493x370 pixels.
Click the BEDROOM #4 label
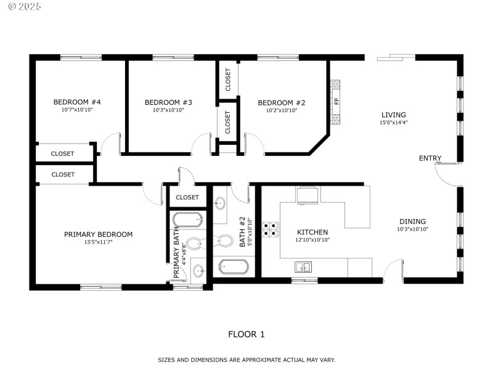click(x=77, y=102)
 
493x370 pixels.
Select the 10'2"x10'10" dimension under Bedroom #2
click(x=281, y=110)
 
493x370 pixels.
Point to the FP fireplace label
click(x=336, y=101)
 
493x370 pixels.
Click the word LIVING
click(x=393, y=115)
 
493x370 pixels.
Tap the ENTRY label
click(x=430, y=158)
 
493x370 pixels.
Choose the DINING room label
click(x=412, y=221)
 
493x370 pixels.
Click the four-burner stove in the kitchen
click(x=270, y=229)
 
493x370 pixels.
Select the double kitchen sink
click(x=302, y=266)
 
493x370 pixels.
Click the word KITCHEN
click(x=312, y=232)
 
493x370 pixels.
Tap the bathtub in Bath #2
click(x=234, y=267)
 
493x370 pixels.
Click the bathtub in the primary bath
click(x=188, y=220)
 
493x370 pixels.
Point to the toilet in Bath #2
click(x=224, y=240)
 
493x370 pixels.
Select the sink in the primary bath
click(x=198, y=270)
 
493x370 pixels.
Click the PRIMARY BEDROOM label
click(x=98, y=234)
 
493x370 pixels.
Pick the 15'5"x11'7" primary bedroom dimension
click(x=98, y=242)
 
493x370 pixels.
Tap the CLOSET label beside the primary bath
click(x=187, y=197)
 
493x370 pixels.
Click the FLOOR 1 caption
click(x=246, y=334)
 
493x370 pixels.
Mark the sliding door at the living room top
click(x=397, y=57)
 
